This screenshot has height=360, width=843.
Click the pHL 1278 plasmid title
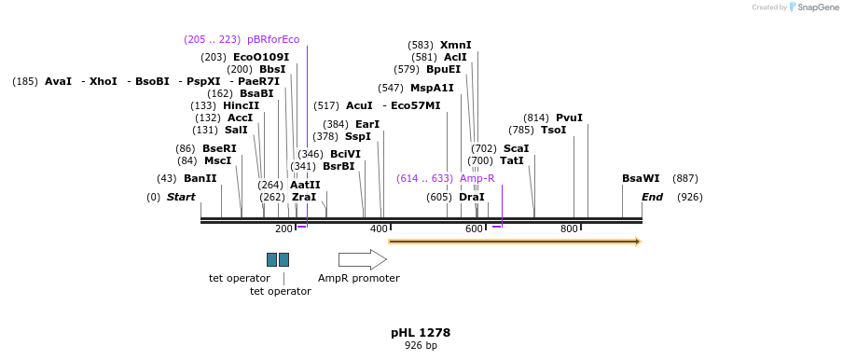421,332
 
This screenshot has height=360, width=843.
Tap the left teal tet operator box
271,259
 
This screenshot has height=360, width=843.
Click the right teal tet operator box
283,259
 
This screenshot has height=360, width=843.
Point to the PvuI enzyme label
569,118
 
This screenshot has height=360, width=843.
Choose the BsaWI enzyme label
641,178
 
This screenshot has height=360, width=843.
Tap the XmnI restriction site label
456,45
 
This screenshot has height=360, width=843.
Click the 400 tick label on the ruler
379,229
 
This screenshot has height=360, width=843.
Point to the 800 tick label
569,229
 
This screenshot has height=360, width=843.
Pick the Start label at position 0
181,197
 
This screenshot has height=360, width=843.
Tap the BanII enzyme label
200,178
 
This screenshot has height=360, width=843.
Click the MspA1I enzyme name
432,88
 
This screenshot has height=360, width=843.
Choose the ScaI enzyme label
516,148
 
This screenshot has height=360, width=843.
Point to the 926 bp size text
421,345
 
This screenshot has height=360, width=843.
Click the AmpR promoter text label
358,278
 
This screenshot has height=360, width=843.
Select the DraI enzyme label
472,197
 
